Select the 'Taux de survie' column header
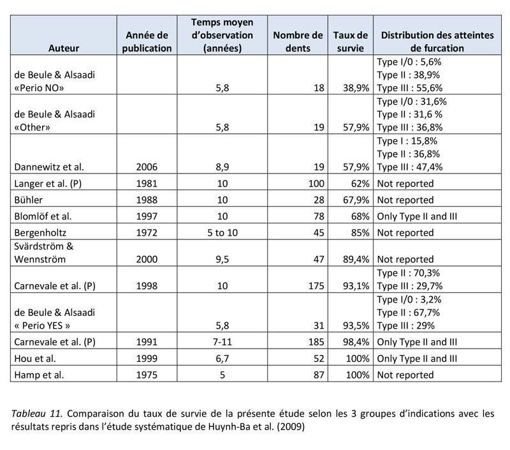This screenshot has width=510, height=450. point(351,41)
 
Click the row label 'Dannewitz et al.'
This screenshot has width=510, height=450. point(48,167)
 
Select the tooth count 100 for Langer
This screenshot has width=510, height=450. point(314,183)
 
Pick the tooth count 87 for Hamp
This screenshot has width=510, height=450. point(316,375)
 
